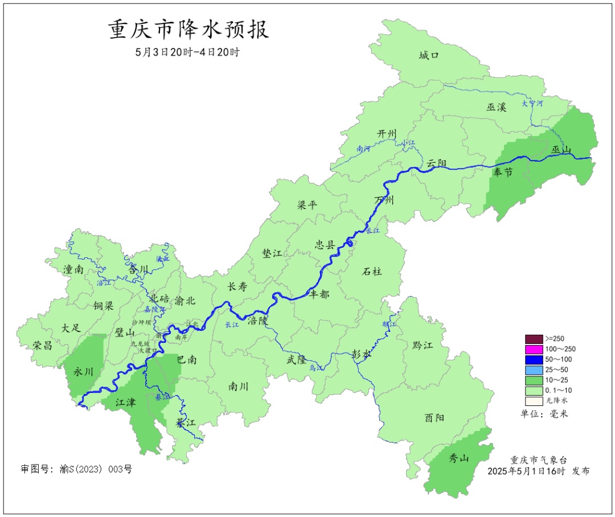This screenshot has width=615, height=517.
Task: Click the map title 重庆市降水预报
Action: pyautogui.click(x=188, y=30)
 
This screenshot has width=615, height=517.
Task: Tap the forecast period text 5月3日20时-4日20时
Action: pyautogui.click(x=187, y=52)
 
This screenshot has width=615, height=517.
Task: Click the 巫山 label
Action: pyautogui.click(x=561, y=150)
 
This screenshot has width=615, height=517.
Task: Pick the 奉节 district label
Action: pyautogui.click(x=503, y=173)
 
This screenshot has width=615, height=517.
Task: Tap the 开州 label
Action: pyautogui.click(x=387, y=133)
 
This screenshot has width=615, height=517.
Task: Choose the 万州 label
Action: pyautogui.click(x=384, y=200)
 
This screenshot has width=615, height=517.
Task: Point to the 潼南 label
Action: pyautogui.click(x=73, y=270)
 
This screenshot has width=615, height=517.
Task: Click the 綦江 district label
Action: pyautogui.click(x=186, y=423)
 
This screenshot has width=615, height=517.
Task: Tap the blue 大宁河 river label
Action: pyautogui.click(x=533, y=104)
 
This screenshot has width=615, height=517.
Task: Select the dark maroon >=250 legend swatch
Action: pyautogui.click(x=534, y=339)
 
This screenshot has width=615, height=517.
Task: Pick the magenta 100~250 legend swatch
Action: pyautogui.click(x=534, y=349)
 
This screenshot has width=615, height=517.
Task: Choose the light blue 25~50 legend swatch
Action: pyautogui.click(x=534, y=370)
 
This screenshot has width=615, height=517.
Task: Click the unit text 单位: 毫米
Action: pyautogui.click(x=544, y=413)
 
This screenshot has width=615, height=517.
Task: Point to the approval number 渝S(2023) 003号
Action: pyautogui.click(x=76, y=470)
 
